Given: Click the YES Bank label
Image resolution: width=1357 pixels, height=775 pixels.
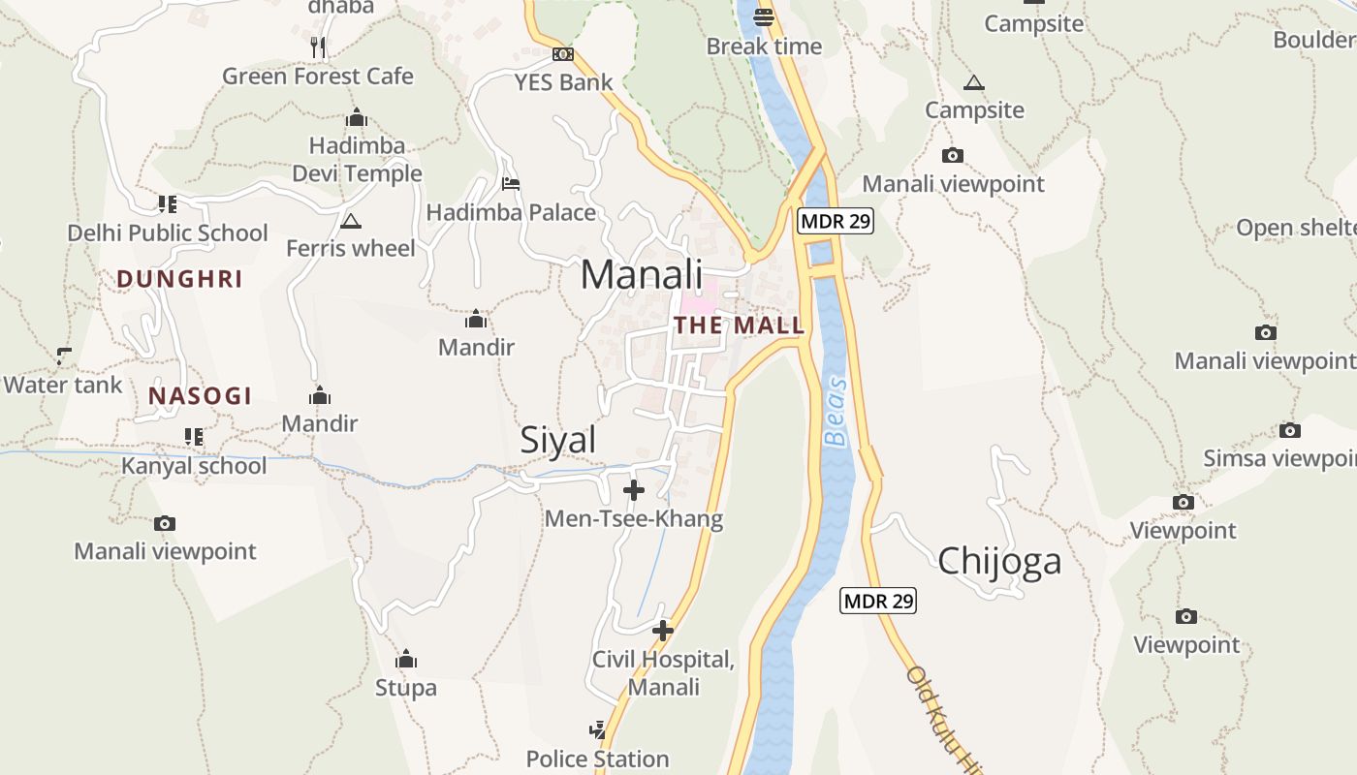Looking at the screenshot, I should (563, 82).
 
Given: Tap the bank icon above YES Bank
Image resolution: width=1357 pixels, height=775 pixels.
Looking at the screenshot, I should (563, 54).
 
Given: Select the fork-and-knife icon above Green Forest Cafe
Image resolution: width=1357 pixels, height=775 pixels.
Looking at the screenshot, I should (318, 46).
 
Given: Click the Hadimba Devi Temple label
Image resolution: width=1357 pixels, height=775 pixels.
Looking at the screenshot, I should (358, 160).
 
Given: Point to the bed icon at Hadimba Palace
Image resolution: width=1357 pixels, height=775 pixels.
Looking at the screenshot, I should (511, 184).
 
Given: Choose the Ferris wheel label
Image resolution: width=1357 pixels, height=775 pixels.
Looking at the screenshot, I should (350, 249).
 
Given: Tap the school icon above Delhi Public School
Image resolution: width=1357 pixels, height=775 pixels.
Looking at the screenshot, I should (167, 204).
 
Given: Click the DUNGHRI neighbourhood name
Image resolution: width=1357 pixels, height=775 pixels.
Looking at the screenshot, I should (179, 280).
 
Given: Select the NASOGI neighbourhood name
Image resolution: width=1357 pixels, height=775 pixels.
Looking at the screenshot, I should (200, 396).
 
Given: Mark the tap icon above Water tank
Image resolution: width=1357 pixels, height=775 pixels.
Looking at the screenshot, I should (64, 356).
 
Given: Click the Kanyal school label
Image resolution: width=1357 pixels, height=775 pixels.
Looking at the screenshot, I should (194, 466).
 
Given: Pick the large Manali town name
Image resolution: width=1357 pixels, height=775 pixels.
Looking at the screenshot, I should (642, 275).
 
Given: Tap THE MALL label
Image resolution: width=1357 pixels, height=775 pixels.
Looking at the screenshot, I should (740, 325).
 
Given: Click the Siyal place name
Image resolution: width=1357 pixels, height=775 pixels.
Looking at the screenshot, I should (558, 441).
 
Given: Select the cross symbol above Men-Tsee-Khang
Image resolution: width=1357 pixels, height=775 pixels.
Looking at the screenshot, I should (634, 490).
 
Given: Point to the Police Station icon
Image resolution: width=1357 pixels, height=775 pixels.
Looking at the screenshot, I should (598, 729).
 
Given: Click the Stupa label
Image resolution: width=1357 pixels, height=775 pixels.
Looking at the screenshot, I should (406, 689).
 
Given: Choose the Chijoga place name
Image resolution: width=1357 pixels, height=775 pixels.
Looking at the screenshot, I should (999, 562).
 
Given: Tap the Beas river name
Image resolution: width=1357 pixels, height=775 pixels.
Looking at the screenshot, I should (836, 412).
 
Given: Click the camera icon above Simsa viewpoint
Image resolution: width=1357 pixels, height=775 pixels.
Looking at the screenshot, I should (1289, 430).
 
